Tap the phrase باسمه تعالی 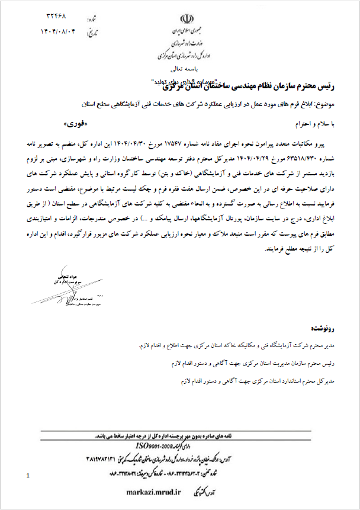184,70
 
